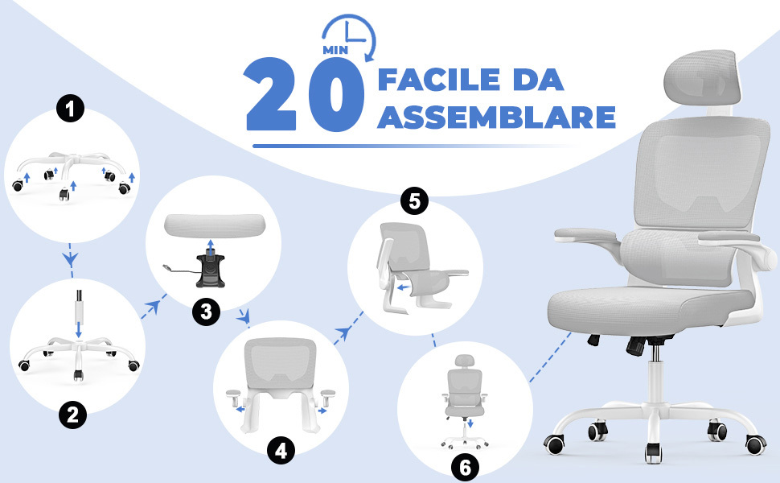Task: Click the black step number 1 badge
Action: coord(70,109)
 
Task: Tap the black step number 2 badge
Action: coord(72,415)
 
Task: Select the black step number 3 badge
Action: coord(206,312)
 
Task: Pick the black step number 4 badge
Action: coord(281,451)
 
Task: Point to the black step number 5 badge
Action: coord(414,201)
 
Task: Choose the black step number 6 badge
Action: coord(465,468)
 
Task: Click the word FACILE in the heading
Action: coord(439,80)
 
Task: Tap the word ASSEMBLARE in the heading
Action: coord(497,118)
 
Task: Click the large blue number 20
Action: coord(305,95)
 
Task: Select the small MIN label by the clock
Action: coord(335,50)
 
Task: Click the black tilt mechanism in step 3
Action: coord(210,271)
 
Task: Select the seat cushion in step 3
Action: coord(215,225)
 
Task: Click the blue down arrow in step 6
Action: coord(470,423)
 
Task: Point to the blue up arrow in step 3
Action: coord(211,246)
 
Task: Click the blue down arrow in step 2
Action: coord(78,328)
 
